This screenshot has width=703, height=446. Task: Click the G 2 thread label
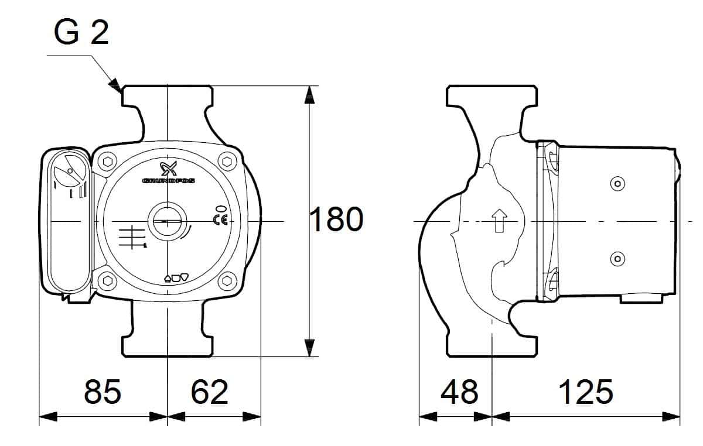tap(81, 32)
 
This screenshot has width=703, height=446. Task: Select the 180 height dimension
tap(336, 219)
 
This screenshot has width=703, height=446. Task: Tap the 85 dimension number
tap(103, 392)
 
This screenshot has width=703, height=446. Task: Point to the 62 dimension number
tap(209, 392)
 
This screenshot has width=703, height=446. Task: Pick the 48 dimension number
tap(459, 392)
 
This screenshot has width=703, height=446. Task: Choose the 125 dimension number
tap(586, 392)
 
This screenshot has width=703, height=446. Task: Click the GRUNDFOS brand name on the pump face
tap(169, 181)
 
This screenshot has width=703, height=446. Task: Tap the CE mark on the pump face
tap(220, 220)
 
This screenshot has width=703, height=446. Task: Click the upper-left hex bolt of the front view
tap(107, 162)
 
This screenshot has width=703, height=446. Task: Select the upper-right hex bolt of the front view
tap(227, 162)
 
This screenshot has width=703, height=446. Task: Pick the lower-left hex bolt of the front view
tap(107, 280)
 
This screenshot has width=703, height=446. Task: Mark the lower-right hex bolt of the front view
tap(227, 281)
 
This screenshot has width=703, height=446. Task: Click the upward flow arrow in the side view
tap(499, 221)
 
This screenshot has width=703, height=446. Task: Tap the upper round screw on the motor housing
tap(617, 184)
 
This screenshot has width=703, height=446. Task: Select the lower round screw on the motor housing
tap(617, 259)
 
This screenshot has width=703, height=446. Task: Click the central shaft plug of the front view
tap(168, 221)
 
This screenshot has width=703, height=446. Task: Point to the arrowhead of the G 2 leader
tap(115, 85)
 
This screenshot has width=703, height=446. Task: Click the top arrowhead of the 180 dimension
tap(310, 94)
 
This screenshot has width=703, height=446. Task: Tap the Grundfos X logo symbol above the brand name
tap(169, 169)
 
